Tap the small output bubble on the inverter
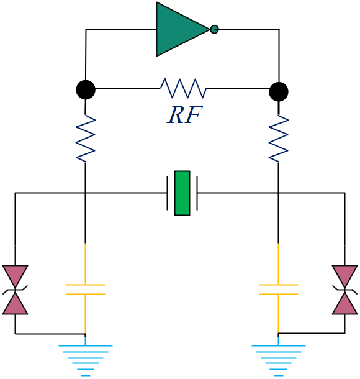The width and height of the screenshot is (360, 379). pos(214,29)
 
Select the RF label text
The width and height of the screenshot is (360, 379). pos(184,115)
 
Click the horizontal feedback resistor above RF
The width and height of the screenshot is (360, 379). pos(183,88)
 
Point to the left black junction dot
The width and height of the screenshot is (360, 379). pos(86,89)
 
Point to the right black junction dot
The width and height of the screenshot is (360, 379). pos(279,91)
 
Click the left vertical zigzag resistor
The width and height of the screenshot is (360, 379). pos(86,139)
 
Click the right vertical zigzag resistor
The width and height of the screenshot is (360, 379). pos(279,139)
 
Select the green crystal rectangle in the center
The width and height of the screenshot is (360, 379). pos(182,193)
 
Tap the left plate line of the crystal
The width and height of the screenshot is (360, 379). pos(168,193)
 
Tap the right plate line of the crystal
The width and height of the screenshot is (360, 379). pos(197,193)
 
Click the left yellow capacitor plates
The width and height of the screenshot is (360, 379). pos(86,290)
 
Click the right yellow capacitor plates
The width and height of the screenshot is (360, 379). pos(279,290)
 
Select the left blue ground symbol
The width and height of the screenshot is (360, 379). pos(86,357)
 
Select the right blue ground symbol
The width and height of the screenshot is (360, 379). pos(279,357)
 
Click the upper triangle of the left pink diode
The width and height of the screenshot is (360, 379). pos(16,275)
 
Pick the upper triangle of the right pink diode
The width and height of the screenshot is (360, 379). pos(344,275)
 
